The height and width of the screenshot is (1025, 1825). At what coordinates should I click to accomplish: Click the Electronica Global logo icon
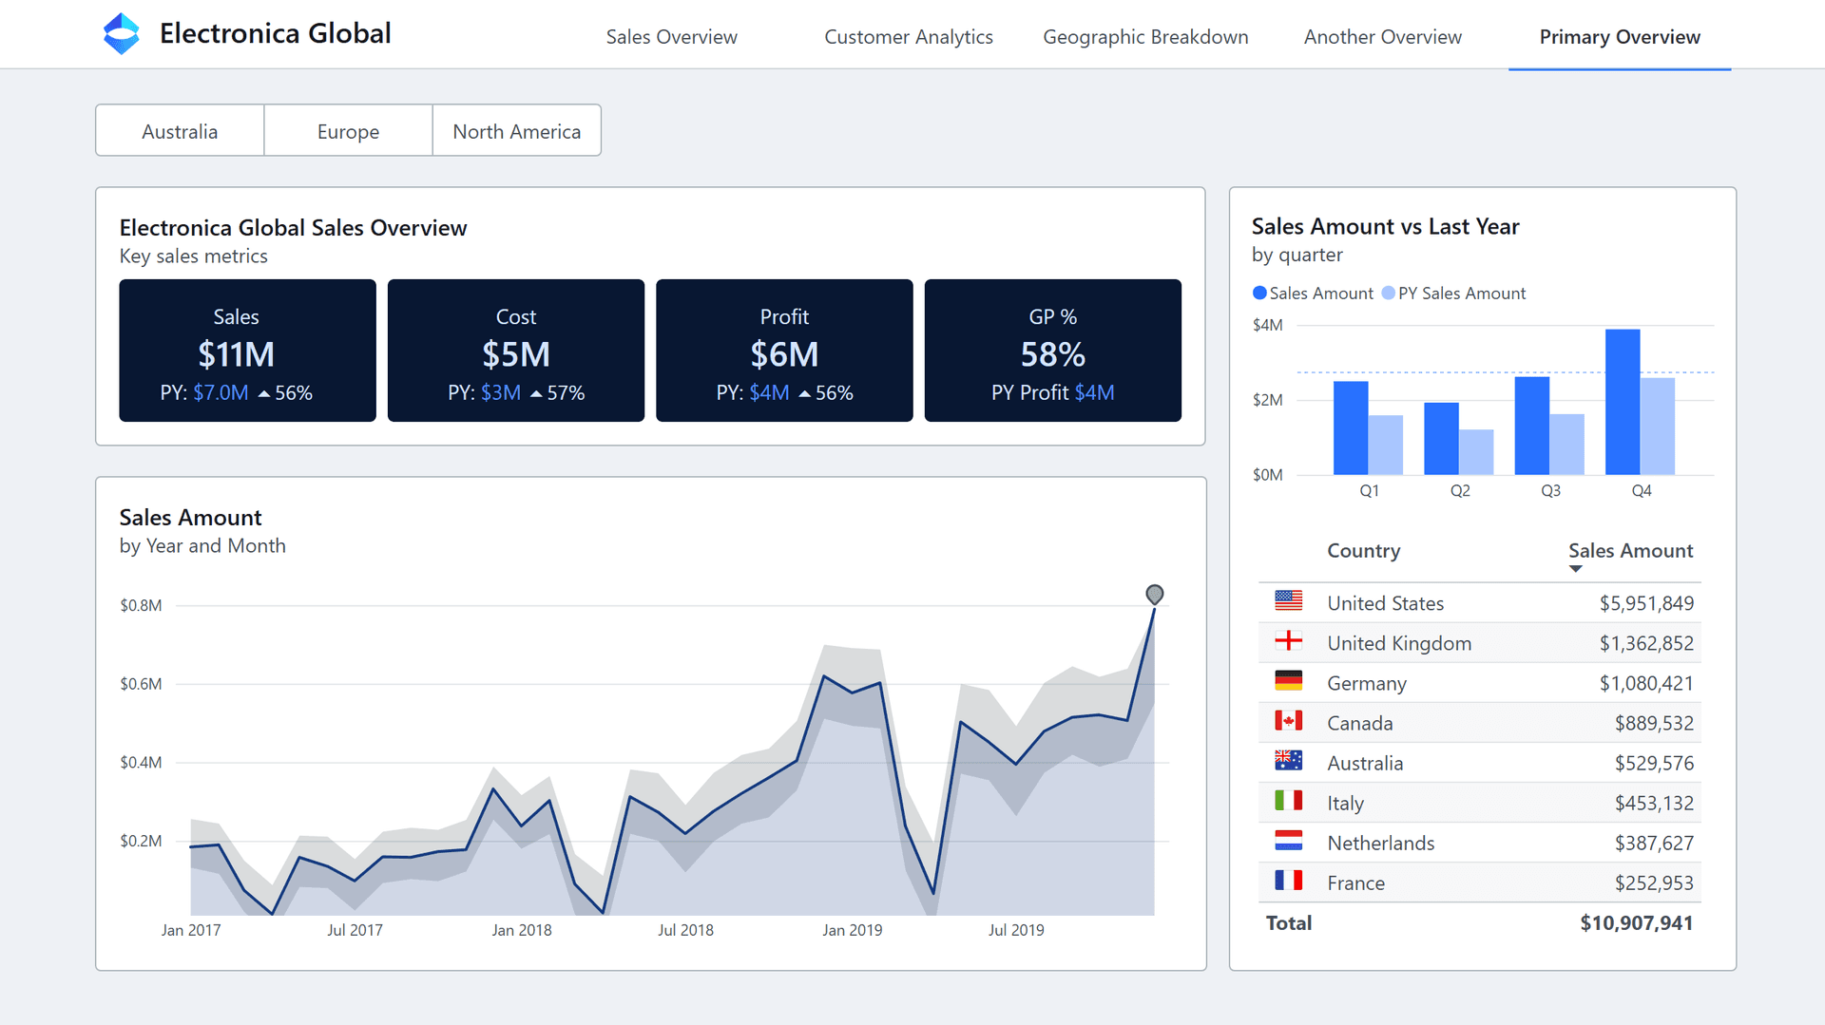coord(121,34)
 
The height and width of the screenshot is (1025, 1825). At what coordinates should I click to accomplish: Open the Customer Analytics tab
coord(908,37)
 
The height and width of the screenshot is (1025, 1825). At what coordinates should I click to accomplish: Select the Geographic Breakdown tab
coord(1144,37)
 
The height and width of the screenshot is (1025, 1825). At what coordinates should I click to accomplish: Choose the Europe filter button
coord(348,131)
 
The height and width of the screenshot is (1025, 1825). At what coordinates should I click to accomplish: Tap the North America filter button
coord(516,131)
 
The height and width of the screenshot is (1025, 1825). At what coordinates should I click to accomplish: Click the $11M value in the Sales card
coord(236,354)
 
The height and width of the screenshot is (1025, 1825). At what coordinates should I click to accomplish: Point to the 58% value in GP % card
coord(1052,354)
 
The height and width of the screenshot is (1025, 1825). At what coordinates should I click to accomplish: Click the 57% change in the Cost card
coord(565,393)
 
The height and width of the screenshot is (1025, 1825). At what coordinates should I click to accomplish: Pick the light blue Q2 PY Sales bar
coord(1476,452)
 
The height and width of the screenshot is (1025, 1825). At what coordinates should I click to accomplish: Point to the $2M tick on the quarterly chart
coord(1267,400)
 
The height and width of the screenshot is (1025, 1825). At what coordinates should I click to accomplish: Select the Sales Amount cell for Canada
coord(1653,724)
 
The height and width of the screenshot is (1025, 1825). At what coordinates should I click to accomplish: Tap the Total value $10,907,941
coord(1636,923)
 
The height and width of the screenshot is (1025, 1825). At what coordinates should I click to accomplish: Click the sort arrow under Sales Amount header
coord(1575,569)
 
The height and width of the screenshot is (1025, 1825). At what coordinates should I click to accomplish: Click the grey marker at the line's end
coord(1154,595)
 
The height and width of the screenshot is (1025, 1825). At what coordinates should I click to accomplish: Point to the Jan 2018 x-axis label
coord(521,930)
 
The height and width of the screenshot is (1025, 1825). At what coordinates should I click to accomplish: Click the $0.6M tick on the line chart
coord(141,684)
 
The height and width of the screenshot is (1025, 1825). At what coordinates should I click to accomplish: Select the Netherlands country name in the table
coord(1380,844)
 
